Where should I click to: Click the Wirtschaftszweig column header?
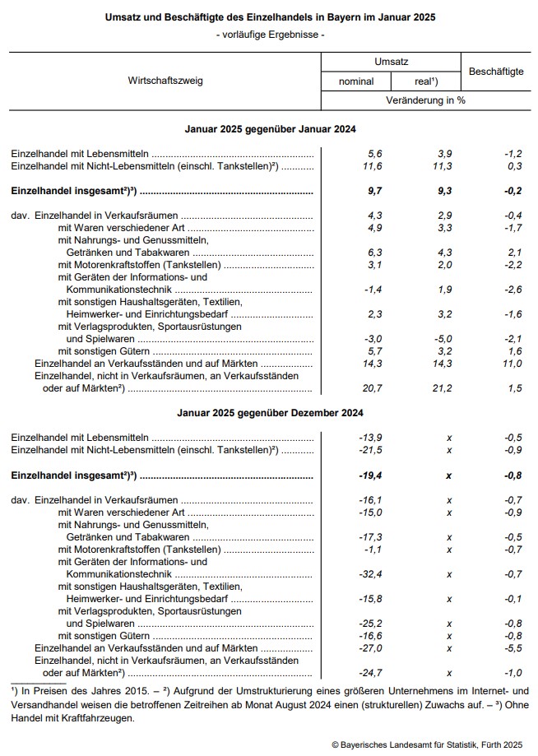pos(165,81)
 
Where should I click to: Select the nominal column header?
pos(356,81)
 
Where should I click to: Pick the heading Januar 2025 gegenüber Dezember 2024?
pos(269,412)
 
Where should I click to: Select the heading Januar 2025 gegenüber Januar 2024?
pos(269,130)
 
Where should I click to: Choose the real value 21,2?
pos(443,387)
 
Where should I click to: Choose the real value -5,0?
pos(443,338)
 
